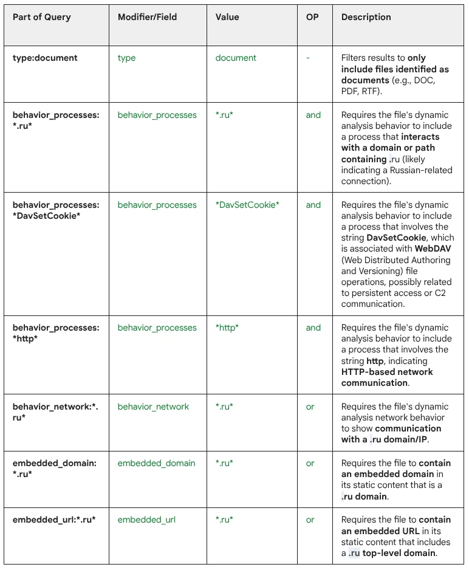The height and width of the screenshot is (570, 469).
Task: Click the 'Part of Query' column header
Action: (x=42, y=17)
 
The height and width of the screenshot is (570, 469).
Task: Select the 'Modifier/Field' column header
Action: (x=147, y=17)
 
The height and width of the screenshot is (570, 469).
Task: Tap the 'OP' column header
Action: (x=312, y=17)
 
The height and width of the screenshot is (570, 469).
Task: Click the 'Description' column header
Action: (x=366, y=17)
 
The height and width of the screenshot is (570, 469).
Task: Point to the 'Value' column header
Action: (x=228, y=17)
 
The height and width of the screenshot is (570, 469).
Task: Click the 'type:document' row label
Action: (x=45, y=58)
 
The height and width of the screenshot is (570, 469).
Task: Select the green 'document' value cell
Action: (x=236, y=58)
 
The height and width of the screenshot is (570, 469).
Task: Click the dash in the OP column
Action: (x=308, y=58)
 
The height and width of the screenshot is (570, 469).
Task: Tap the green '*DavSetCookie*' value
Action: (x=247, y=205)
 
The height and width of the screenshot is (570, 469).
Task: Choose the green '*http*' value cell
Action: (x=227, y=328)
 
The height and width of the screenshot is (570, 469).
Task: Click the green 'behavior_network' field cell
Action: (x=153, y=407)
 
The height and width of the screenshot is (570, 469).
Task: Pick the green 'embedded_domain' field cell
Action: (x=156, y=463)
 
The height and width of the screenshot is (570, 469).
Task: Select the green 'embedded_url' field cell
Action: (x=146, y=520)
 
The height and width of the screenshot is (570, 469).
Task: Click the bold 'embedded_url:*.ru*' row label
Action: (x=54, y=520)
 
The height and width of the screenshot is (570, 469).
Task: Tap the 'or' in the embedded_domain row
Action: (x=310, y=463)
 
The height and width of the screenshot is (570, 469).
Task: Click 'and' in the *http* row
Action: (x=313, y=328)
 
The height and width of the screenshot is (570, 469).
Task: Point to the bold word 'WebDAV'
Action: (x=433, y=249)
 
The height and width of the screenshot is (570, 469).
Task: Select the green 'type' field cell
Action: (x=126, y=58)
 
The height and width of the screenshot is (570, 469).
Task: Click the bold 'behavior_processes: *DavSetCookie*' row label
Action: (x=55, y=210)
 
